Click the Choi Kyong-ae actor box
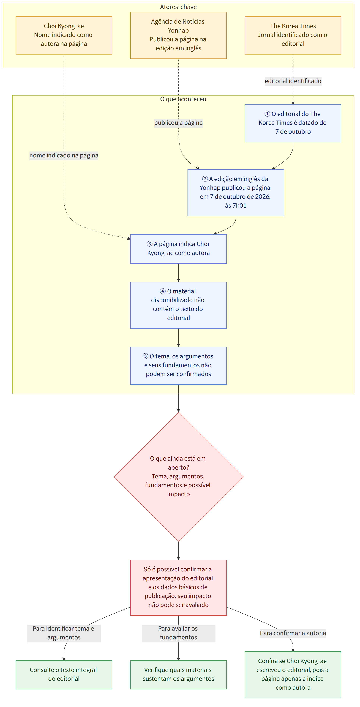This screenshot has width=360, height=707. coord(64,35)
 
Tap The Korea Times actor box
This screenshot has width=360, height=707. coord(293,35)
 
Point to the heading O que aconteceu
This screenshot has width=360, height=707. coord(183,99)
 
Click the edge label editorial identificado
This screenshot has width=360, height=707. coord(293,81)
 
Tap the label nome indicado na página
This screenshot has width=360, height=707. coord(64,155)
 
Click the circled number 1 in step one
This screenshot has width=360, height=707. coord(267,114)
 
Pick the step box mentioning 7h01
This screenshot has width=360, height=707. coord(236,193)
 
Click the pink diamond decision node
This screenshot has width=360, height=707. coord(179,477)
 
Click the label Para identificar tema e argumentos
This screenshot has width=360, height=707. coord(64,633)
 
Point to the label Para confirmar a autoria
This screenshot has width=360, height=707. coord(293,633)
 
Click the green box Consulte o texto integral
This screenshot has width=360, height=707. coord(64,675)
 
